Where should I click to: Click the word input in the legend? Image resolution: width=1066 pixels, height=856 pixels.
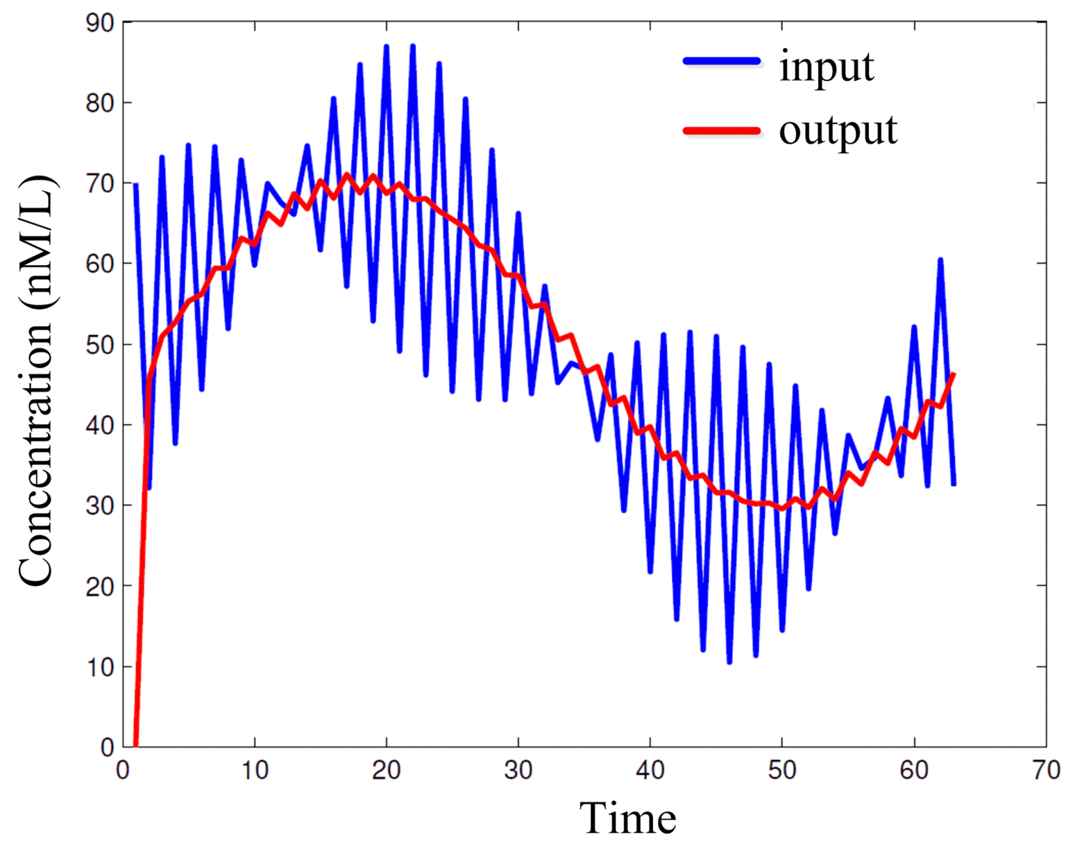[x=826, y=67]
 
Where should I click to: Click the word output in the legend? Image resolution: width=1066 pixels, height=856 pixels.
[x=838, y=130]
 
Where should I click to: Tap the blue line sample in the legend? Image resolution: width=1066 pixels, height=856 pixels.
[x=722, y=61]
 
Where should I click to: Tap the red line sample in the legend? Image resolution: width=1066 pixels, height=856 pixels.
[x=722, y=130]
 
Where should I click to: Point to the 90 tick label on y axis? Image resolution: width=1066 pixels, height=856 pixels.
[x=100, y=23]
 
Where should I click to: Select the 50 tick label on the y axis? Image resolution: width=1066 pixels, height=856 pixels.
[x=100, y=344]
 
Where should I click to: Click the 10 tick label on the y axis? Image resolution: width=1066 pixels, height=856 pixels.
[x=100, y=666]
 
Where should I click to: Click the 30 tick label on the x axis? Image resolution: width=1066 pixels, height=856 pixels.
[x=518, y=770]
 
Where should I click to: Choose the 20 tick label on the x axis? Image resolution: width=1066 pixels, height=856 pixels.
[x=387, y=770]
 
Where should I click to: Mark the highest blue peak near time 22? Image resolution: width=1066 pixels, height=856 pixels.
[x=413, y=47]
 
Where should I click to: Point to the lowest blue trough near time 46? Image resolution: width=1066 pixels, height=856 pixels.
[x=729, y=662]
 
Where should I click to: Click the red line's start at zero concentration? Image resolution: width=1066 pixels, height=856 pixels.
[x=136, y=745]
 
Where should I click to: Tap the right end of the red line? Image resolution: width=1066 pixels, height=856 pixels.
[x=954, y=374]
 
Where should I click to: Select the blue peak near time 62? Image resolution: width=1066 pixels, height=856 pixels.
[x=940, y=260]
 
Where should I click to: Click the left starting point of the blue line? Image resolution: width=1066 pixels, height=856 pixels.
[x=136, y=185]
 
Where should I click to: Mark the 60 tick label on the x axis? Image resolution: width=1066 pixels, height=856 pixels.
[x=914, y=770]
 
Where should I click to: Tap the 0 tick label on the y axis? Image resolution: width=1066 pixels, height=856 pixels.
[x=107, y=748]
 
